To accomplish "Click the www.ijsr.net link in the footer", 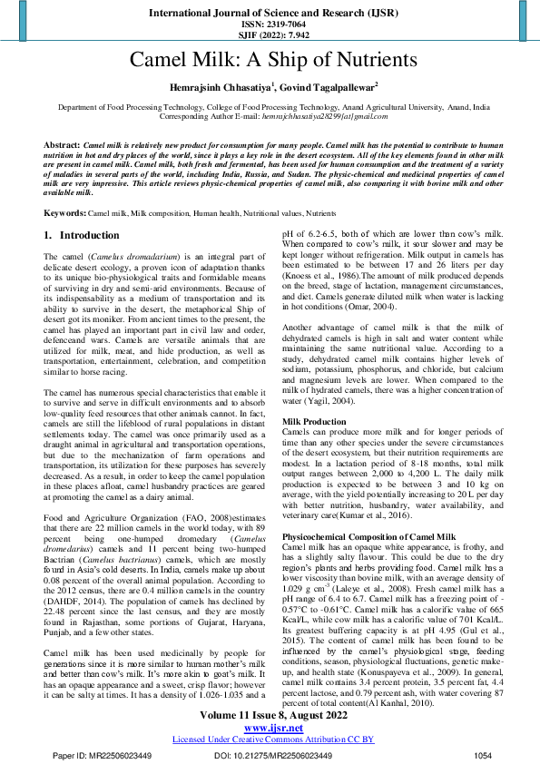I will pos(270,728).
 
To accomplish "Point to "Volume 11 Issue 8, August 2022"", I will pos(270,716).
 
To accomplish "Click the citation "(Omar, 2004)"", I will pos(375,332).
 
